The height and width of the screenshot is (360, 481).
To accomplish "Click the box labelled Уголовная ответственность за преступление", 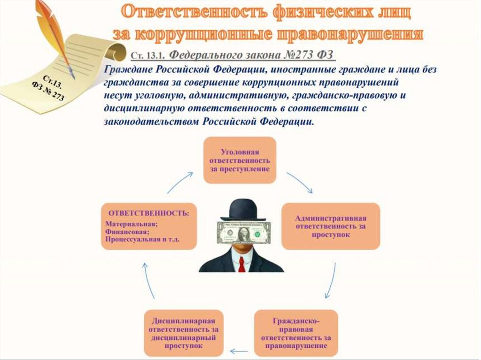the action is coord(240,160).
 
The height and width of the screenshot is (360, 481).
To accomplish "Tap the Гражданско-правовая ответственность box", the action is coord(296,333).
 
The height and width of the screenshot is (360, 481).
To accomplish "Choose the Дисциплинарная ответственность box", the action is coord(184,333).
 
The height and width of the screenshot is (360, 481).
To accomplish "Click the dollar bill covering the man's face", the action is coord(244,232).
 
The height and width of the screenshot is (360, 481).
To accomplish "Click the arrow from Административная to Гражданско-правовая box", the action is coord(332,281).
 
